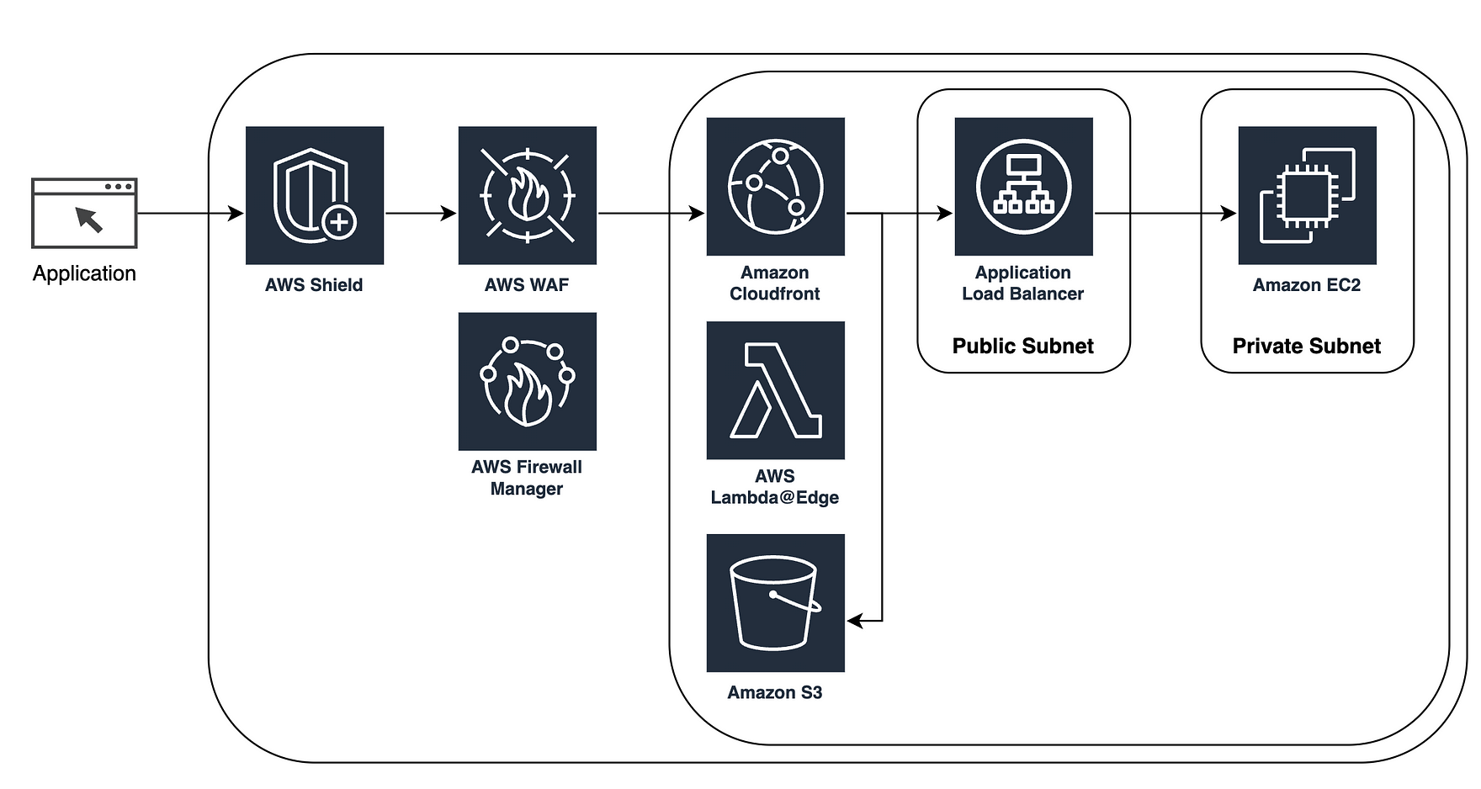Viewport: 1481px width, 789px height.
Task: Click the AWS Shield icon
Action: tap(315, 195)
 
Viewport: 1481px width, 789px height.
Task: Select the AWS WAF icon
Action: tap(527, 195)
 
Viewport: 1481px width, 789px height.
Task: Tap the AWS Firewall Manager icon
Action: tap(527, 381)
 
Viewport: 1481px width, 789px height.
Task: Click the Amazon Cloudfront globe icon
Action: tap(775, 187)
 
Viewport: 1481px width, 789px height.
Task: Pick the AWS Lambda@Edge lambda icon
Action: tap(775, 390)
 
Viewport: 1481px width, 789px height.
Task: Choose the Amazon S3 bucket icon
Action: tap(775, 602)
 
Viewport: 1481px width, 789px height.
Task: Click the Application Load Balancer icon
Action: tap(1023, 187)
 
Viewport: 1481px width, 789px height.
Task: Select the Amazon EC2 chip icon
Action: tap(1307, 195)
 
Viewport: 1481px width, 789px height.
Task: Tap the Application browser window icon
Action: tap(84, 213)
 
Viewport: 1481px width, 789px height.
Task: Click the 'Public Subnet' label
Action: tap(1022, 346)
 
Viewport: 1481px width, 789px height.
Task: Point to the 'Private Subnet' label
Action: tap(1306, 346)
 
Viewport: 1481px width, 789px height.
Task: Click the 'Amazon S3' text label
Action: tap(774, 692)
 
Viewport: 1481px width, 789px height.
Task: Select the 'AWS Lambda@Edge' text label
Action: tap(774, 487)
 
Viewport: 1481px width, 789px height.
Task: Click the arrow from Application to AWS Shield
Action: tap(189, 214)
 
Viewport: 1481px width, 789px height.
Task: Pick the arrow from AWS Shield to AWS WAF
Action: tap(421, 214)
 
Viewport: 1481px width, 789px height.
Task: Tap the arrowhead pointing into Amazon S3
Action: tap(855, 621)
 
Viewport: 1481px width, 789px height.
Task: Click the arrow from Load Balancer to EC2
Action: tap(1165, 214)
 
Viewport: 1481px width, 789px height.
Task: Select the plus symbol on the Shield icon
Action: tap(339, 223)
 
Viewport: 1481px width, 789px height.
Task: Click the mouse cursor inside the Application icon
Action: tap(89, 219)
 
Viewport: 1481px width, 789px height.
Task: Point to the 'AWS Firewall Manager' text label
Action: tap(527, 478)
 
